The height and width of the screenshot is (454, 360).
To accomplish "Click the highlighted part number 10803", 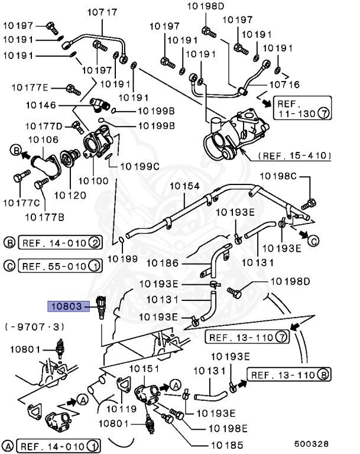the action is click(x=69, y=306).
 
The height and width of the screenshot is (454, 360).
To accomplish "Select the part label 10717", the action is click(x=102, y=12).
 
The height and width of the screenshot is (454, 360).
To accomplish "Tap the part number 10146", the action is click(x=41, y=105).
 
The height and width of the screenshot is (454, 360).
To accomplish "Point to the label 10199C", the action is click(x=140, y=167).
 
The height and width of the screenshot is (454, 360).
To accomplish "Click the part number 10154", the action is click(x=184, y=186).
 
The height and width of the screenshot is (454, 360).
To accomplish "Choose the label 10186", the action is click(x=163, y=263).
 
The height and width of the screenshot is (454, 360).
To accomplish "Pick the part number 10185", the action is click(x=227, y=445).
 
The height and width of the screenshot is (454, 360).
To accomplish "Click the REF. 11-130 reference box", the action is click(x=303, y=108).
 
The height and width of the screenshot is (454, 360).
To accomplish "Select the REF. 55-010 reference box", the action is click(x=60, y=266).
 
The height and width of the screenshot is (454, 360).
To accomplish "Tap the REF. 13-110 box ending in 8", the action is click(x=288, y=375).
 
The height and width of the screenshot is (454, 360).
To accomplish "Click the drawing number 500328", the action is click(x=312, y=444).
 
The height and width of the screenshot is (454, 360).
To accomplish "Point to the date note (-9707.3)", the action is click(x=34, y=327).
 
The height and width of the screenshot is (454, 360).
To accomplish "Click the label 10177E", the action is click(x=30, y=87).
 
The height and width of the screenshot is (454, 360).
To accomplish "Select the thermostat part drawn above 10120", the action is click(x=70, y=157).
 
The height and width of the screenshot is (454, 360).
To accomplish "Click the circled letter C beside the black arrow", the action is click(x=313, y=241).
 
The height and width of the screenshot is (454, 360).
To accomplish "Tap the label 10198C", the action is click(x=278, y=176).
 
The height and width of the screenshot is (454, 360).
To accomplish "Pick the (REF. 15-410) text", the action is click(x=295, y=155).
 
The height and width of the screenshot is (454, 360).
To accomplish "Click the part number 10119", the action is click(x=121, y=409).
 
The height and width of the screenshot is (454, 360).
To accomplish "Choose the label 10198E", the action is click(x=228, y=428).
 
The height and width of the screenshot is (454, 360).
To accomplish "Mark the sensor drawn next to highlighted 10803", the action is click(x=101, y=307).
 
